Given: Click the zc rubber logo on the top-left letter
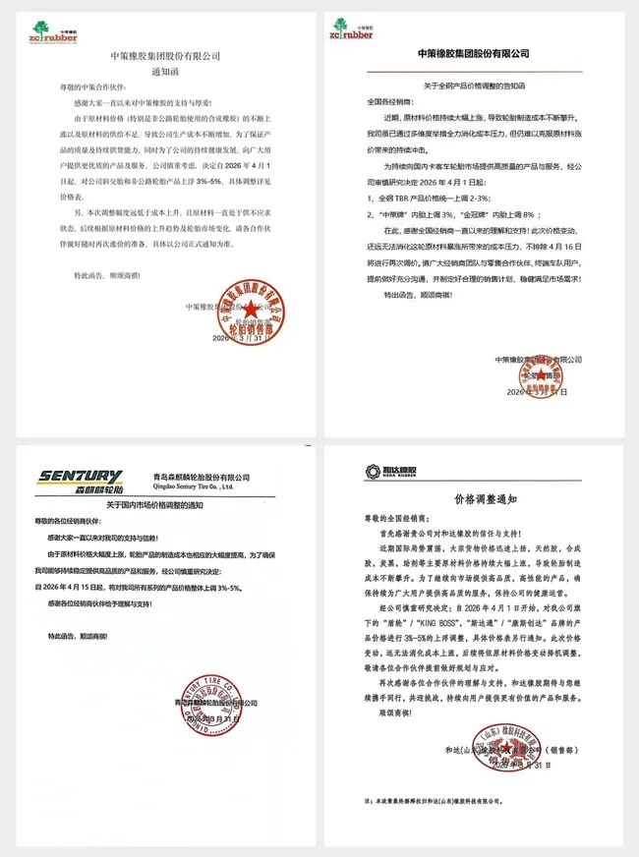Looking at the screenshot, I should (59, 31).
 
